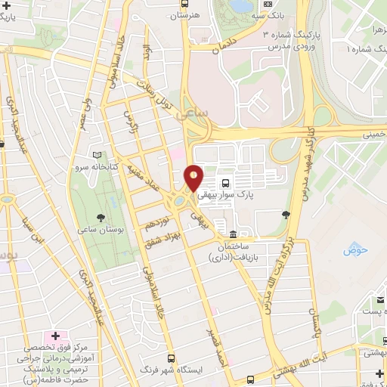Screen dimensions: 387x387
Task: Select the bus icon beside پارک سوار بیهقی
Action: click(225, 184)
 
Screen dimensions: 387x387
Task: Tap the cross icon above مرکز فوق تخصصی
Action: click(54, 333)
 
